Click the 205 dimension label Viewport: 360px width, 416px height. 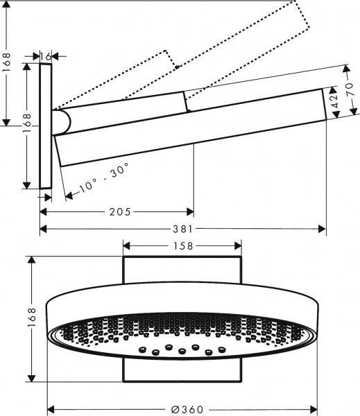(119, 211)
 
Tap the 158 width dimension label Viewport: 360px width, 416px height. (183, 245)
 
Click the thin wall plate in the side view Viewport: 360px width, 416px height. (46, 125)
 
